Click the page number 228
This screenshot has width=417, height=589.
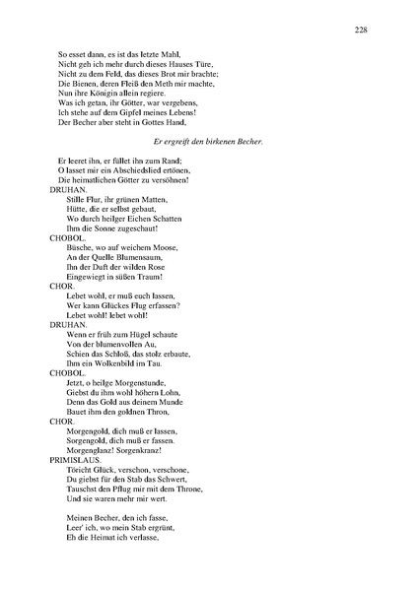point(361,31)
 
